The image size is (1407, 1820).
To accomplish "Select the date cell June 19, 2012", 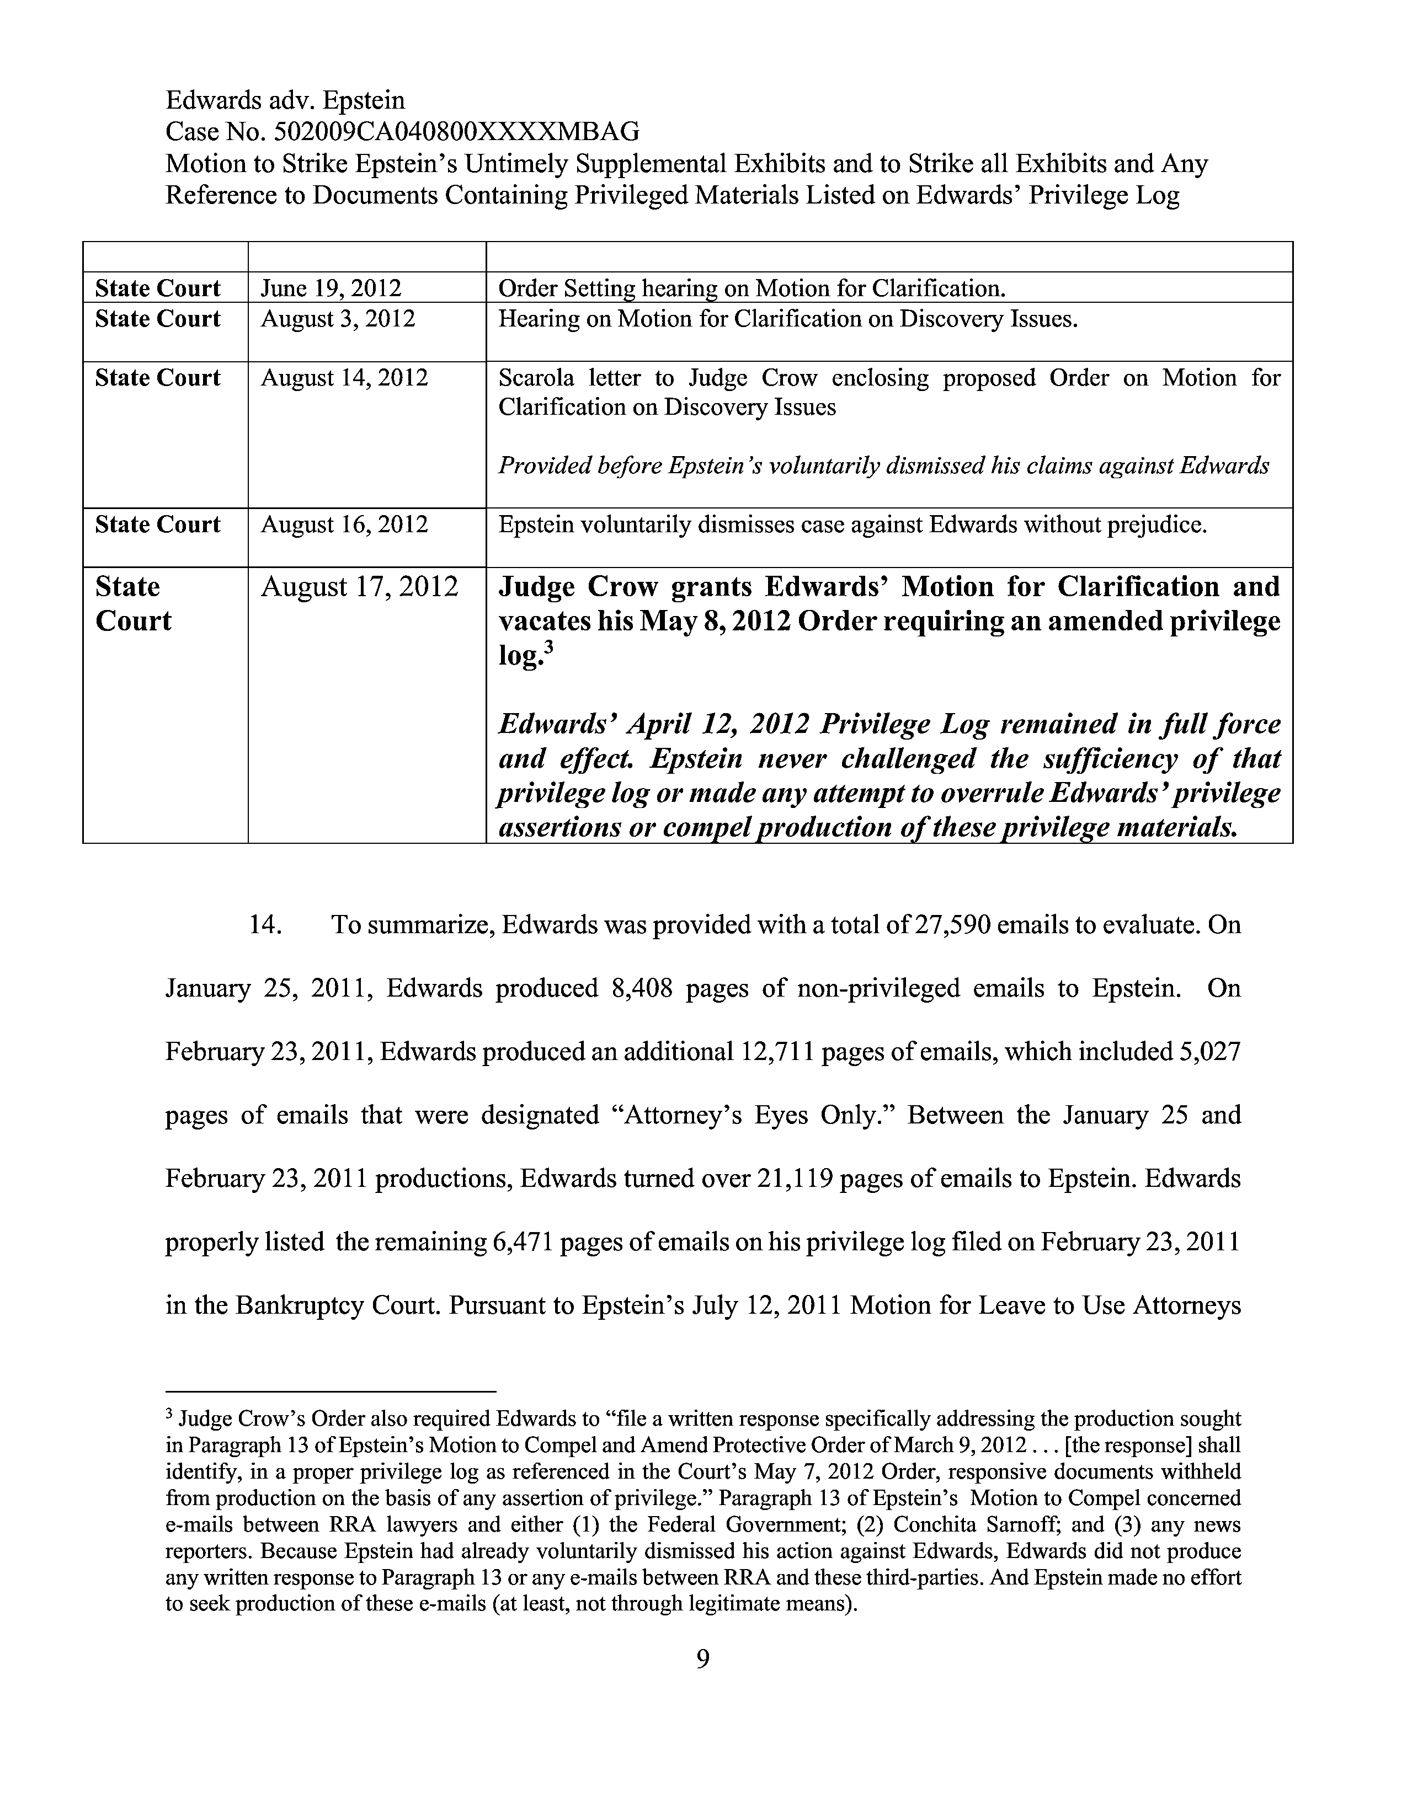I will [331, 288].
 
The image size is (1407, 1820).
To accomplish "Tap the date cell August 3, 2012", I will [338, 319].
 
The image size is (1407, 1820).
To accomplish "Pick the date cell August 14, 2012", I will [344, 378].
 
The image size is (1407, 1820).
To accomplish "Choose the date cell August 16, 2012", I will [344, 525].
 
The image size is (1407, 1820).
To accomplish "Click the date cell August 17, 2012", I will [359, 587].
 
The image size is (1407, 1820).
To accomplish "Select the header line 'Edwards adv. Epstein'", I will [285, 100].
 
